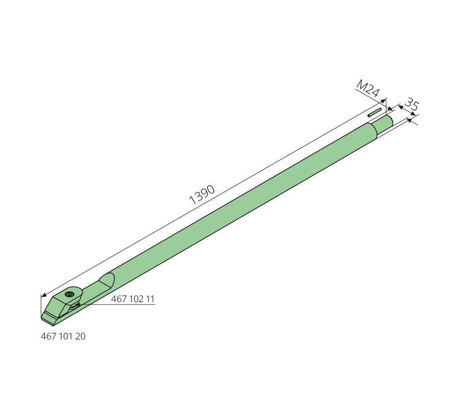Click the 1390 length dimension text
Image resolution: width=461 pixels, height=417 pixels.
tap(202, 194)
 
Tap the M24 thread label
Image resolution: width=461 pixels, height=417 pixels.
tap(368, 89)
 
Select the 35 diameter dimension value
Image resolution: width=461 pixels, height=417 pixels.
tap(412, 105)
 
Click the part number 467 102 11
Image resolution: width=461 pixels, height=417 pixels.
tap(132, 299)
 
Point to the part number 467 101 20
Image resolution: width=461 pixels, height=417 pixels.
tap(63, 336)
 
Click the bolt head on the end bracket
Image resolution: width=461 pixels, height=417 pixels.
tap(69, 294)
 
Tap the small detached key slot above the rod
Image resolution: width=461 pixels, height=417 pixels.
tap(375, 112)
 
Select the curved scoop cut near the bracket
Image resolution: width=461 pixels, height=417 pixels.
tap(107, 280)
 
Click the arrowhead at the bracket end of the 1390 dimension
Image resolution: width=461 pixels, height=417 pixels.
tap(43, 295)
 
